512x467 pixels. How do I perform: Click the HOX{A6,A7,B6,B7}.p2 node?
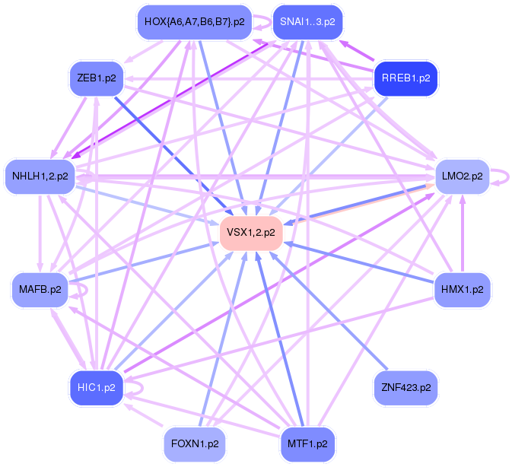pos(194,22)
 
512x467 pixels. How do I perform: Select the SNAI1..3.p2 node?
pos(304,22)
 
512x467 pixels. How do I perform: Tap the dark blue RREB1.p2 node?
pos(406,78)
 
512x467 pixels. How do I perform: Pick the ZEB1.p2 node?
pos(94,78)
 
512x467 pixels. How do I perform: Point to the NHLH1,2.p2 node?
pos(40,176)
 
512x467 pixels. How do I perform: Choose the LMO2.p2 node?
pos(462,176)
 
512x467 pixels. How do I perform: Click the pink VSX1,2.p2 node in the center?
pos(251,232)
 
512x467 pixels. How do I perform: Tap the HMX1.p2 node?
pos(462,289)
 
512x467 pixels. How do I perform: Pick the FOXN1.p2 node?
pos(195,443)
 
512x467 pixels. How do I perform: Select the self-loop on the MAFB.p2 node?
pos(81,290)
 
